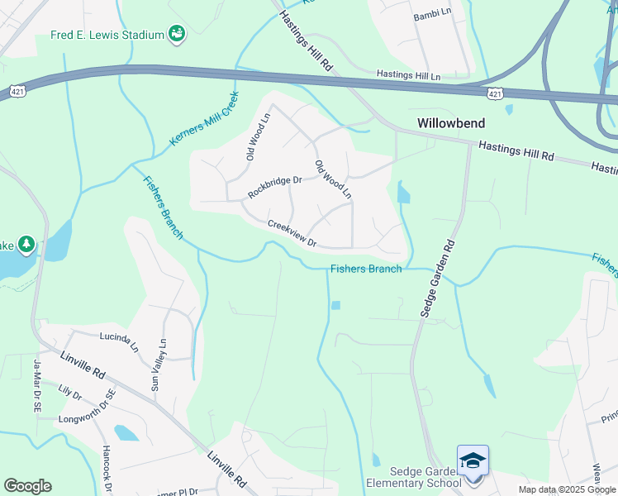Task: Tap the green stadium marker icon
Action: click(176, 34)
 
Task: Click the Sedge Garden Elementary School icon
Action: click(473, 460)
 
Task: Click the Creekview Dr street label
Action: click(292, 233)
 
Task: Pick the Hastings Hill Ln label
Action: click(408, 74)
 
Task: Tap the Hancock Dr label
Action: click(108, 471)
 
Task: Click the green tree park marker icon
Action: click(26, 244)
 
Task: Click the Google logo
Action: click(27, 486)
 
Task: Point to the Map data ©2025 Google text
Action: click(567, 489)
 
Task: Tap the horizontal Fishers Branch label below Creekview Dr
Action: click(366, 269)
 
